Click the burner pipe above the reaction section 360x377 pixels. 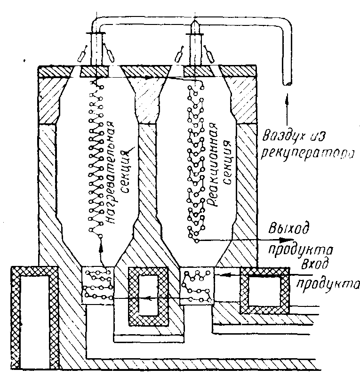pyautogui.click(x=194, y=47)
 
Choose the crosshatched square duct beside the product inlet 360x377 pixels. pyautogui.click(x=264, y=290)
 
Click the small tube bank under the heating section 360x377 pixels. pyautogui.click(x=97, y=286)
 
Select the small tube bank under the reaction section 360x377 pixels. pyautogui.click(x=196, y=286)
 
